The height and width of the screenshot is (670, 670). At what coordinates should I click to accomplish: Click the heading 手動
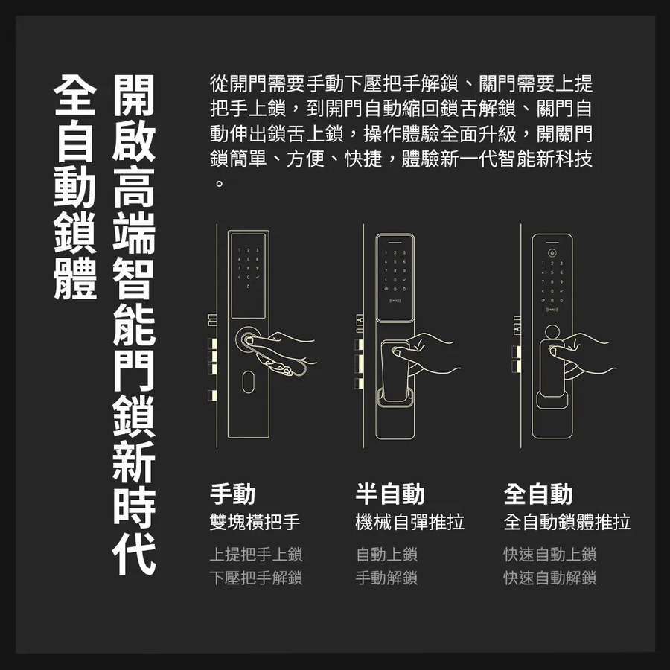[232, 494]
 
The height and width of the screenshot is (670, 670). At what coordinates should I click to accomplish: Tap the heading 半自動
[390, 494]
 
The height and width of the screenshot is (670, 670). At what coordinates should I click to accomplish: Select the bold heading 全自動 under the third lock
[538, 494]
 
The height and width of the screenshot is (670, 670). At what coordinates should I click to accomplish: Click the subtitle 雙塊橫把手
[255, 522]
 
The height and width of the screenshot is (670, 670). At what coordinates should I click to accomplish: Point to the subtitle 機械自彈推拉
[409, 522]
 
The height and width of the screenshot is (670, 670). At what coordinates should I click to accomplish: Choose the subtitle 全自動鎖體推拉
[567, 522]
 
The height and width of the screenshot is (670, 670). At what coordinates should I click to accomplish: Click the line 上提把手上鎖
[256, 554]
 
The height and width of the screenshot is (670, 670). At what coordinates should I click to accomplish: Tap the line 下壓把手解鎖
[256, 578]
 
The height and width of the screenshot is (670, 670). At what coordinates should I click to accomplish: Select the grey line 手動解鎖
[386, 578]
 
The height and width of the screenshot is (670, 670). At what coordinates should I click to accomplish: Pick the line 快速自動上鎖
[550, 554]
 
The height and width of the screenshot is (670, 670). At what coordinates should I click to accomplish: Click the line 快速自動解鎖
[550, 578]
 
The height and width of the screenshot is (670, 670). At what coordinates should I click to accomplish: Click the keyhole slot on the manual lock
[248, 382]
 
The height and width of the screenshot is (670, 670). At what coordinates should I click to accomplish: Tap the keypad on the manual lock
[248, 268]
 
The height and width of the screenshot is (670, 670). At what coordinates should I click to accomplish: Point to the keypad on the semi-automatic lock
[395, 275]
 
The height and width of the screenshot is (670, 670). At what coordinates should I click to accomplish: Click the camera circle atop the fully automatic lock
[552, 252]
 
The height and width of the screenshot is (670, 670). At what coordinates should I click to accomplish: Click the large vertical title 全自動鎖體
[75, 187]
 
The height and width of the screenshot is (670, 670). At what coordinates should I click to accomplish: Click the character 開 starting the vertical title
[134, 95]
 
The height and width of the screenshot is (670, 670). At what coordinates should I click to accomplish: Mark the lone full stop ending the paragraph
[219, 184]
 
